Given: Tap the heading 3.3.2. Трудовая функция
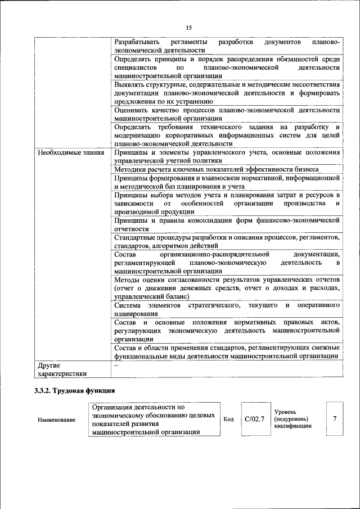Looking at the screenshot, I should (74, 390).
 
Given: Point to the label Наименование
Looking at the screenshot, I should (56, 420).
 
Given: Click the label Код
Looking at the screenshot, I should (228, 419).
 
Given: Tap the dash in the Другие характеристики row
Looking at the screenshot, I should (116, 365).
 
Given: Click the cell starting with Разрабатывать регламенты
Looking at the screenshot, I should (227, 46).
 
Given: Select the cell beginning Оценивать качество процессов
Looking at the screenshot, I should (227, 114).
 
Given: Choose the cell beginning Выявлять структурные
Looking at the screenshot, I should (227, 92).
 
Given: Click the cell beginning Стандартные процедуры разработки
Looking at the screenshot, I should (227, 241).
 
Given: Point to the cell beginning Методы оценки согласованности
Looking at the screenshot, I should (227, 288).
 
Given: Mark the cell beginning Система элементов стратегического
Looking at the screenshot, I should (227, 309).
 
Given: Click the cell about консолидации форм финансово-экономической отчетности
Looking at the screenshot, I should (227, 224).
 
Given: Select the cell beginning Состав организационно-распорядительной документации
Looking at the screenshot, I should (227, 263).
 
